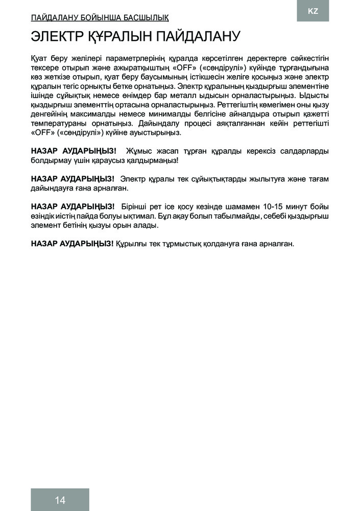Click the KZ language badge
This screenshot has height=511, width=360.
tap(313, 11)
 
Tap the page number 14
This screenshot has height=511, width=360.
tap(60, 500)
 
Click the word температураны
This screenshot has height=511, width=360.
tap(58, 123)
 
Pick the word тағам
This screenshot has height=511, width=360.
tap(317, 179)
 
